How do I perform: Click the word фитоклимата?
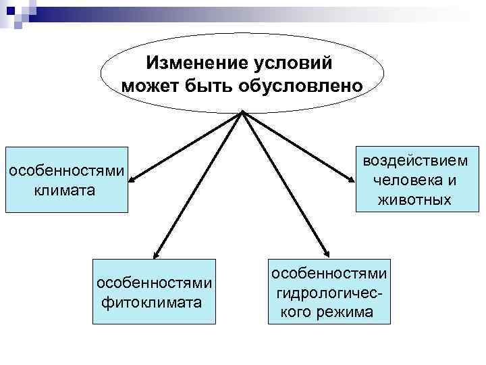tap(151, 301)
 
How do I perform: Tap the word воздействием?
tap(414, 161)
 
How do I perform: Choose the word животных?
tap(414, 200)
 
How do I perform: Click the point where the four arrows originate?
tap(242, 113)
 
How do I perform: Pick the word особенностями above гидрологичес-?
tap(329, 273)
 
